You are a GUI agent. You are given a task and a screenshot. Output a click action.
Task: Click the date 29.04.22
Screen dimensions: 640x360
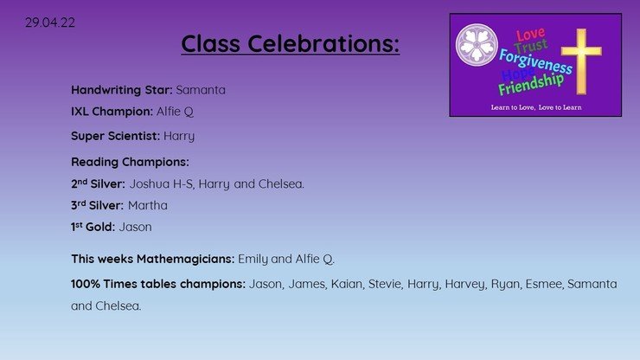50,22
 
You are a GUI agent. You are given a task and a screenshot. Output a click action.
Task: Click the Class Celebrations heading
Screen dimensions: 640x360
291,43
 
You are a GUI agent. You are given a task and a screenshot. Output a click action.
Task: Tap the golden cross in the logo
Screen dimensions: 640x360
581,61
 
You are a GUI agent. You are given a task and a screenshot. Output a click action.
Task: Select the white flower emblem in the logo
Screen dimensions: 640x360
477,45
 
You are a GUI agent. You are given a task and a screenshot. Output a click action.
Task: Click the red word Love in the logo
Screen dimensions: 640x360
530,34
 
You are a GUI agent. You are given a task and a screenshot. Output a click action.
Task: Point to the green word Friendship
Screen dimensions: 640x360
531,84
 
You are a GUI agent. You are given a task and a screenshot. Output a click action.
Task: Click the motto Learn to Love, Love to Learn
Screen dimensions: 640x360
536,107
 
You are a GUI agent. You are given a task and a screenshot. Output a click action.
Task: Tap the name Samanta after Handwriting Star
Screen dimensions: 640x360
201,90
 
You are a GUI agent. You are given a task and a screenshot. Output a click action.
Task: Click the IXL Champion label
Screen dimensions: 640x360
112,112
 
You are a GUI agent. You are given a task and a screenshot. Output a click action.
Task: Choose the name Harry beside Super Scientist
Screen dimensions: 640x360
179,136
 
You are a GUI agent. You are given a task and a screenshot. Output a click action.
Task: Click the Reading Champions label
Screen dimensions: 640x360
130,162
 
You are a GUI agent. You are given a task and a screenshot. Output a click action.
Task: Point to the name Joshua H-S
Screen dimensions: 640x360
161,183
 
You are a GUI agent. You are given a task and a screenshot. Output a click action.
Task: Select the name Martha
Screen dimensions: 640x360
147,205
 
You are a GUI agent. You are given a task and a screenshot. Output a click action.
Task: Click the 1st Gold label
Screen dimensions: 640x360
93,227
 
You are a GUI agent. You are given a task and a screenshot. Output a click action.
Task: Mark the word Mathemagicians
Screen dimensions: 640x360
185,259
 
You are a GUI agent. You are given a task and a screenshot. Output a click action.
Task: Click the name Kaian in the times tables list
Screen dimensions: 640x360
347,284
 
